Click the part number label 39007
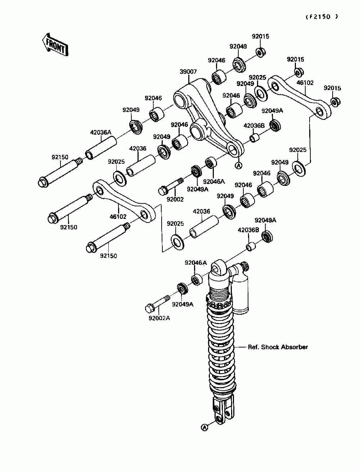coord(188,72)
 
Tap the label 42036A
coord(100,133)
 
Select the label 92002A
coord(159,318)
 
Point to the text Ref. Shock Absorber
coord(278,347)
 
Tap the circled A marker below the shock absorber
coord(204,427)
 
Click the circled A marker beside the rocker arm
coord(238,165)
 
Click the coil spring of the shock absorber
coord(222,349)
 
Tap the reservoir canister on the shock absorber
coord(240,292)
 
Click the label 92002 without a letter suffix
coord(175,199)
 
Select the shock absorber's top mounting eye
coord(217,268)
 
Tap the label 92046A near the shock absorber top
coord(196,263)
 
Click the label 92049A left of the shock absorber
coord(183,304)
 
